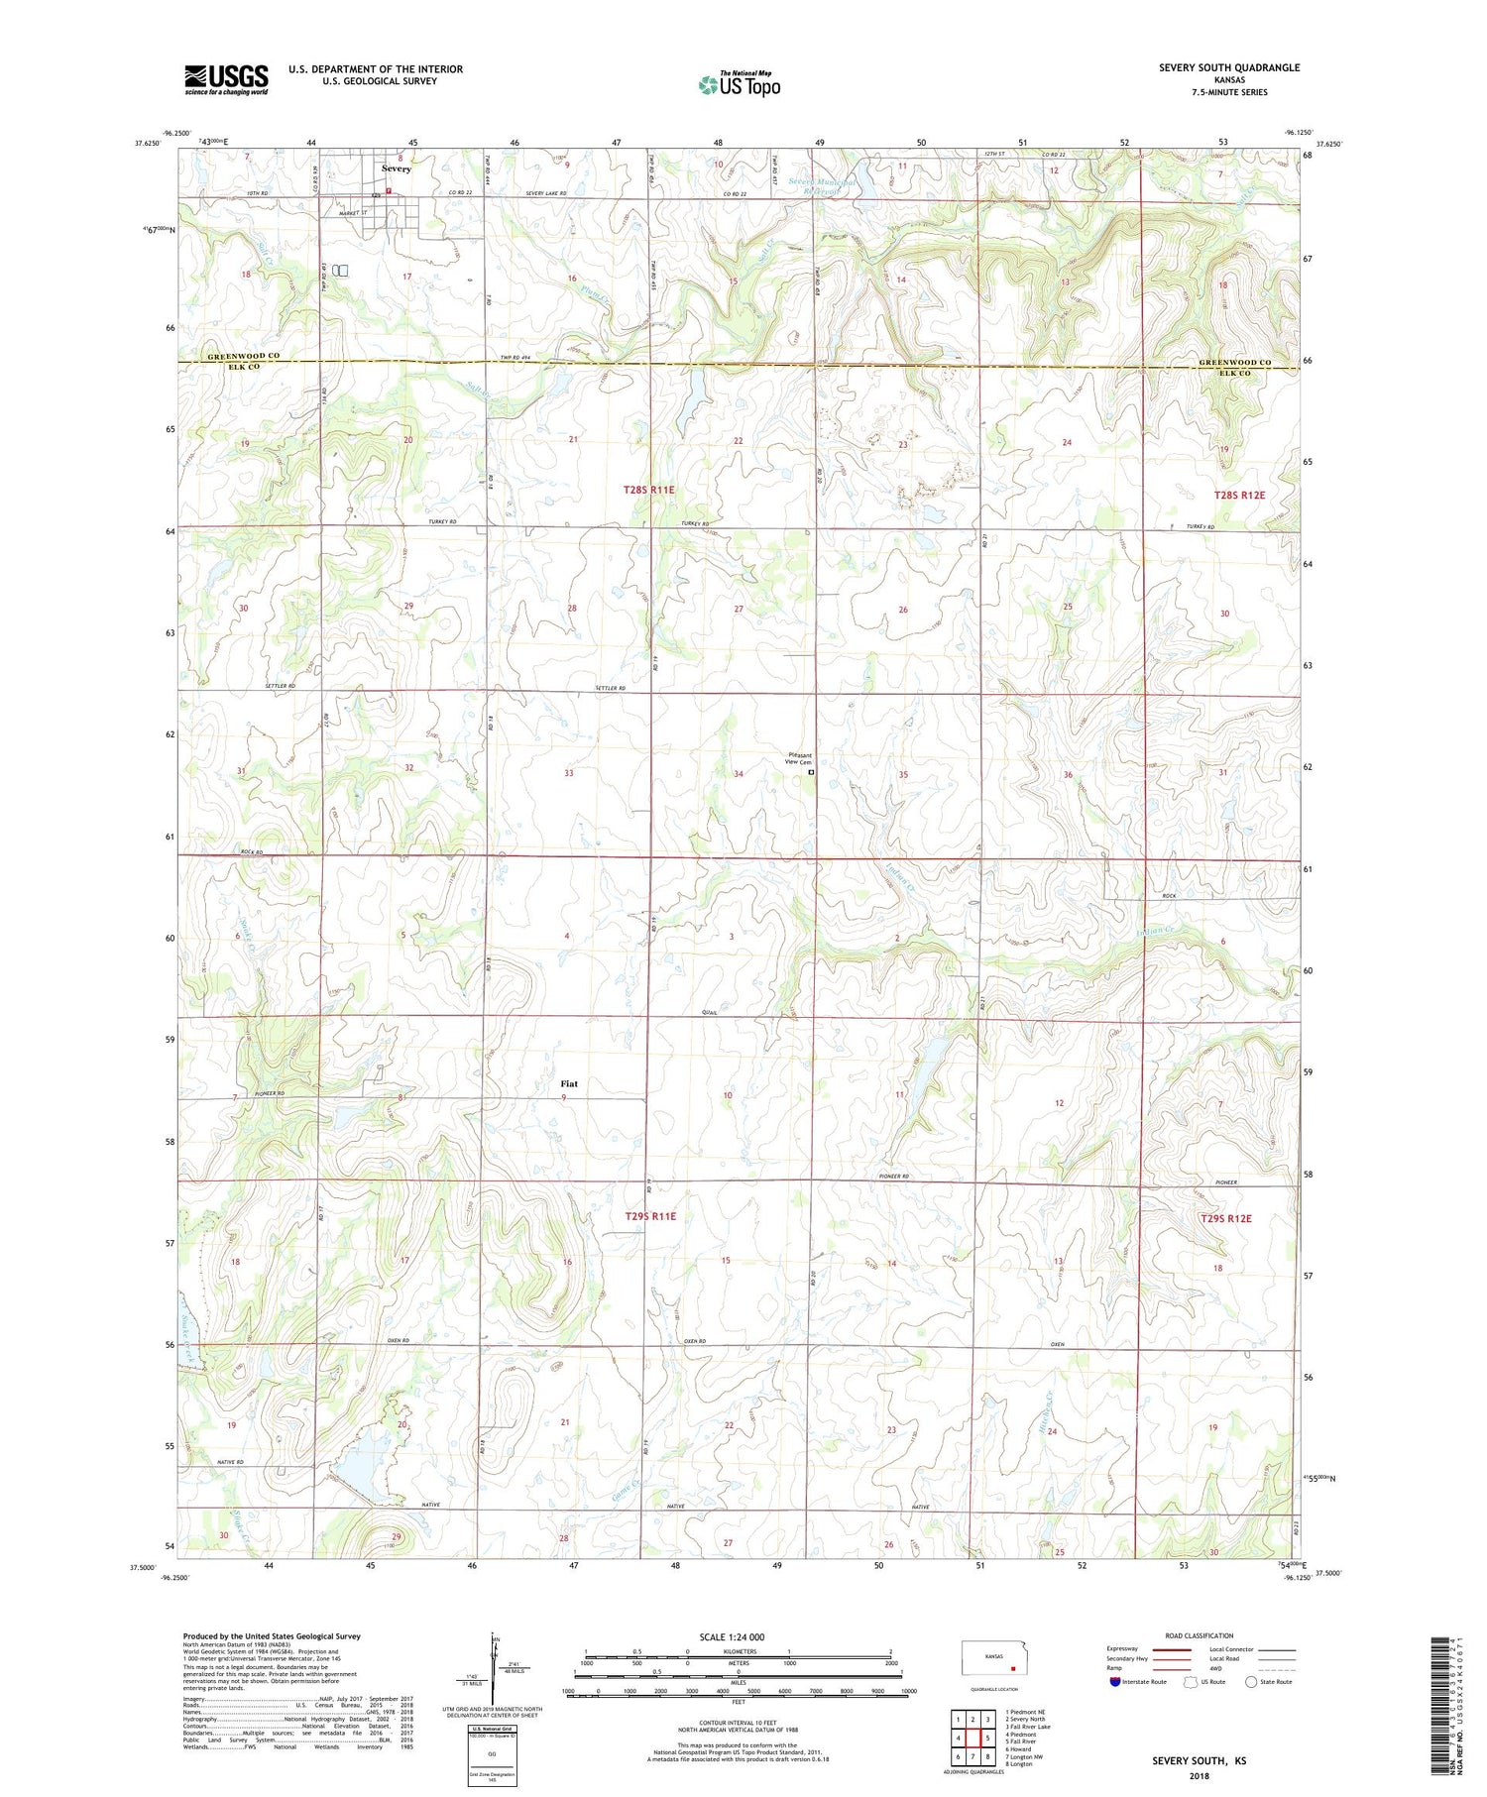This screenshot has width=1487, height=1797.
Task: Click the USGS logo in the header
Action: tap(226, 79)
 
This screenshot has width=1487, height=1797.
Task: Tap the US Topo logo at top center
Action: tap(739, 84)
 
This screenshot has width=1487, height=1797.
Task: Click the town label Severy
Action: tap(398, 169)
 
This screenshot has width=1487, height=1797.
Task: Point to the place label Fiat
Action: tap(568, 1083)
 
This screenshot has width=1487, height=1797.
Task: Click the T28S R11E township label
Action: tap(648, 490)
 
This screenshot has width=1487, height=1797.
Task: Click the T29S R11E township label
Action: tap(650, 1215)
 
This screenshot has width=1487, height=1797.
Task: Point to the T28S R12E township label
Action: tap(1240, 494)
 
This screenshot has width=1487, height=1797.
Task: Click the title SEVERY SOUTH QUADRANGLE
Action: tap(1229, 67)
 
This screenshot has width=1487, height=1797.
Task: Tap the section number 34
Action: tap(739, 773)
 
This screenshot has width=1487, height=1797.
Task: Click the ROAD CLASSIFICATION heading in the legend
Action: tap(1200, 1635)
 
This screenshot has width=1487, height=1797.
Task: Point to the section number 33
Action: tap(569, 773)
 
